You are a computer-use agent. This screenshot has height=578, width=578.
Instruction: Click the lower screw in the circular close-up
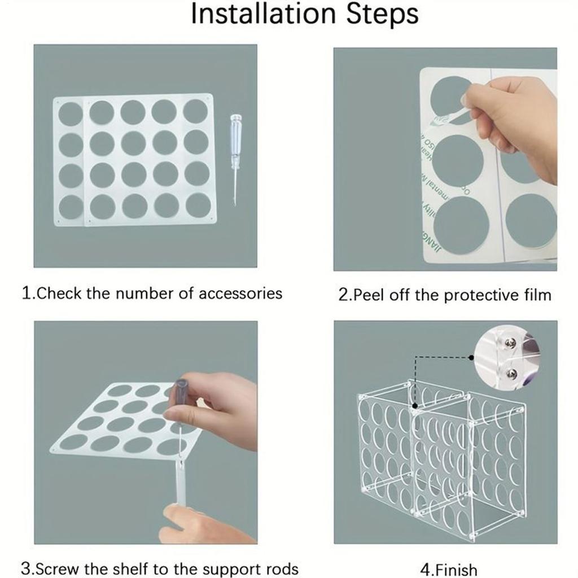coord(512,373)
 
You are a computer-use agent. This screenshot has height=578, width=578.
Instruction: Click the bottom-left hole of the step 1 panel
coord(71,207)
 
